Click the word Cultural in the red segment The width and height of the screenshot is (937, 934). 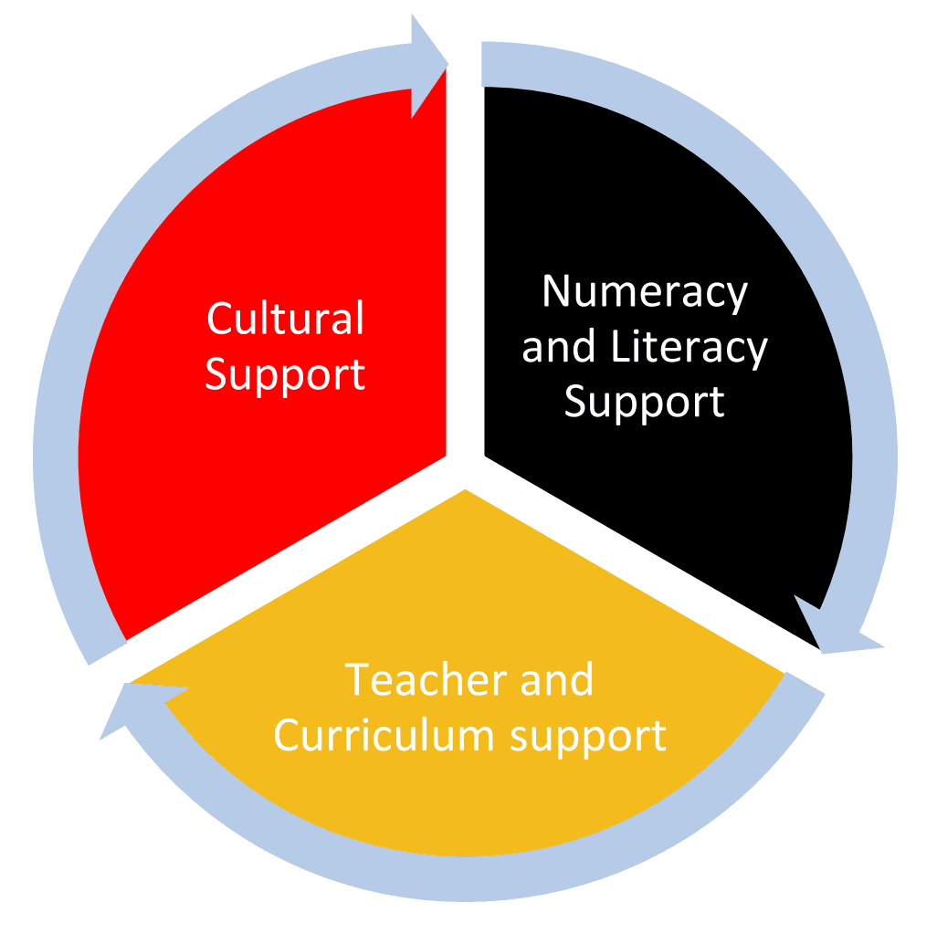click(x=285, y=318)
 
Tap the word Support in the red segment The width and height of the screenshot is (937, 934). click(x=285, y=375)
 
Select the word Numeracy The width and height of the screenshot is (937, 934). click(x=645, y=293)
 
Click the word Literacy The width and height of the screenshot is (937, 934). click(x=689, y=348)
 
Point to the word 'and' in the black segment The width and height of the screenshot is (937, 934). click(x=559, y=347)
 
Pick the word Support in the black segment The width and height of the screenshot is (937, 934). click(x=645, y=402)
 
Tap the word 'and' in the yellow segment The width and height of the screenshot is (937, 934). click(x=557, y=679)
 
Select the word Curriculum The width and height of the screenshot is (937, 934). click(x=384, y=735)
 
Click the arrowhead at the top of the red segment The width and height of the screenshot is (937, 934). click(x=429, y=66)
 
